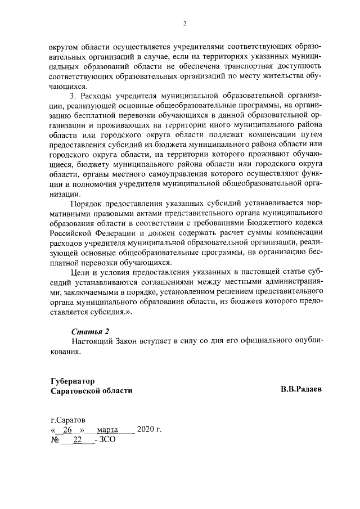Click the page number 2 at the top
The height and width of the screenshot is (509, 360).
point(184,24)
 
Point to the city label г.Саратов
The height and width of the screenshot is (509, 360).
point(68,420)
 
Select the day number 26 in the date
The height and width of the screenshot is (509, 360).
point(68,430)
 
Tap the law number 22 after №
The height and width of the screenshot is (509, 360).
point(78,440)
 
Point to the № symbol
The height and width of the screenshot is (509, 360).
point(55,440)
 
